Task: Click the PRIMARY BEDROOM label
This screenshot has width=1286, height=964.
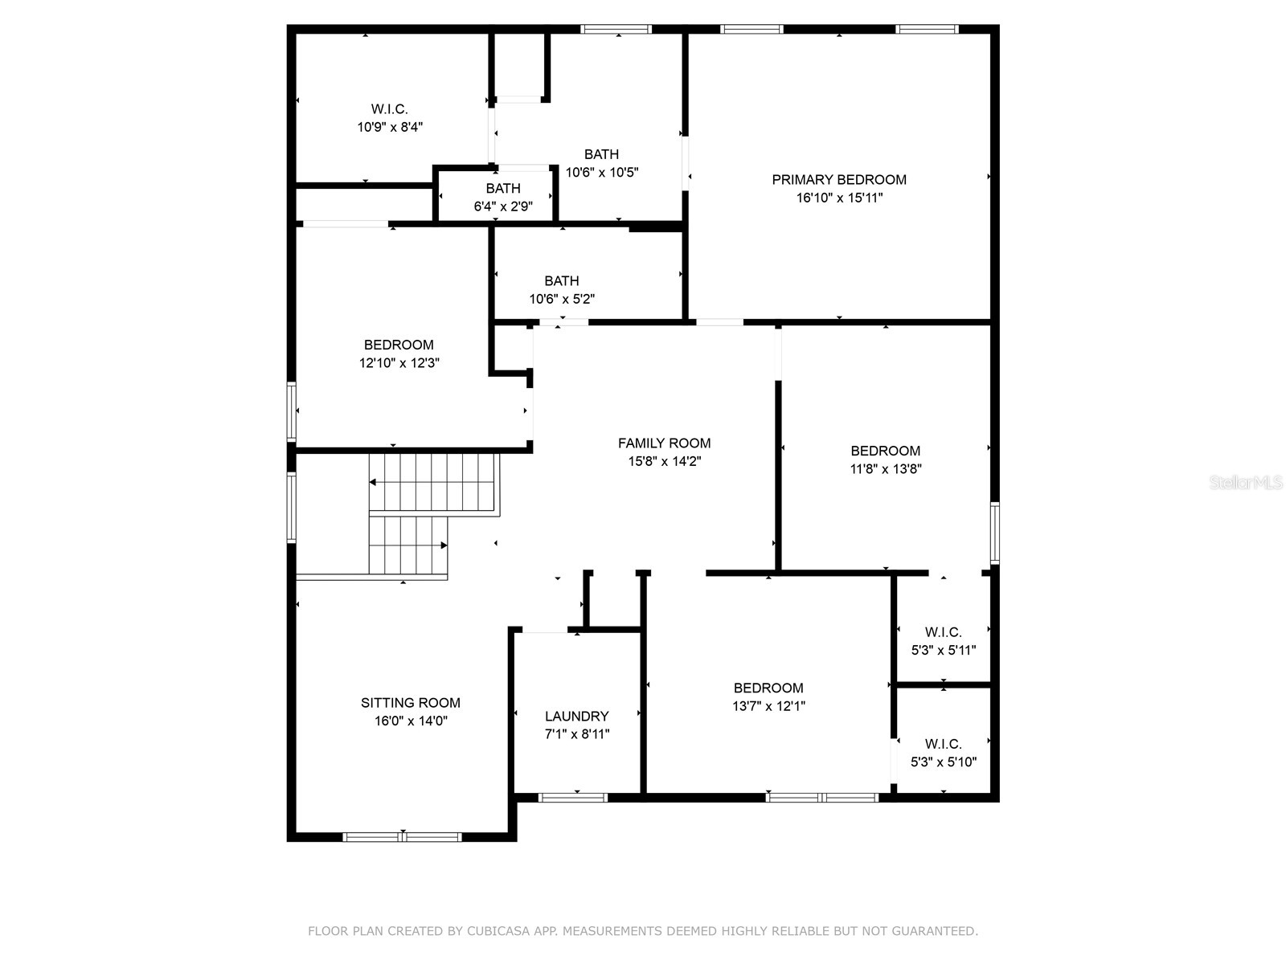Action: (x=839, y=180)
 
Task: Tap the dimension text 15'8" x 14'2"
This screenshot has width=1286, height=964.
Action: (x=664, y=461)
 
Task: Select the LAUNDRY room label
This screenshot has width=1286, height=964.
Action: (x=576, y=716)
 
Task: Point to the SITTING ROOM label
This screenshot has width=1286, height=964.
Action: (x=410, y=703)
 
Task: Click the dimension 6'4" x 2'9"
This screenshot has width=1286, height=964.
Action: (x=502, y=206)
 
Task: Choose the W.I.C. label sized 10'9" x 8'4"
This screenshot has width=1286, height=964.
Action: (x=390, y=109)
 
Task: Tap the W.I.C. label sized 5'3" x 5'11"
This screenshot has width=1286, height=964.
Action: (x=943, y=632)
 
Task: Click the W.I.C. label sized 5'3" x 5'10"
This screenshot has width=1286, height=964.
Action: (x=943, y=744)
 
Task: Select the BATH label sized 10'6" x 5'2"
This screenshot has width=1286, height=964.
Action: (x=561, y=281)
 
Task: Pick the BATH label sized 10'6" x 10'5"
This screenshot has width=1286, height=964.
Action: (x=601, y=154)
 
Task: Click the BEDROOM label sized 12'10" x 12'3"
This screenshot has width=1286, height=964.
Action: (x=399, y=345)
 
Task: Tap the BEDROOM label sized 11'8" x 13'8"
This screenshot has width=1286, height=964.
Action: (x=885, y=451)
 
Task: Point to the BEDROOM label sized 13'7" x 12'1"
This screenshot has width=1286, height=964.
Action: (x=768, y=688)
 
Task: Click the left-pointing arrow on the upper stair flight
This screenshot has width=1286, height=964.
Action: (x=375, y=482)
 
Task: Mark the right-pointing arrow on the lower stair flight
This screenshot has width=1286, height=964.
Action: (x=443, y=545)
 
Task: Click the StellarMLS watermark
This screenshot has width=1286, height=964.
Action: (x=1246, y=483)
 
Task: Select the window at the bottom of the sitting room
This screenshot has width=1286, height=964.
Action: (x=402, y=836)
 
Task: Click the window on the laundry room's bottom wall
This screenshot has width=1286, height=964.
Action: (x=572, y=797)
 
